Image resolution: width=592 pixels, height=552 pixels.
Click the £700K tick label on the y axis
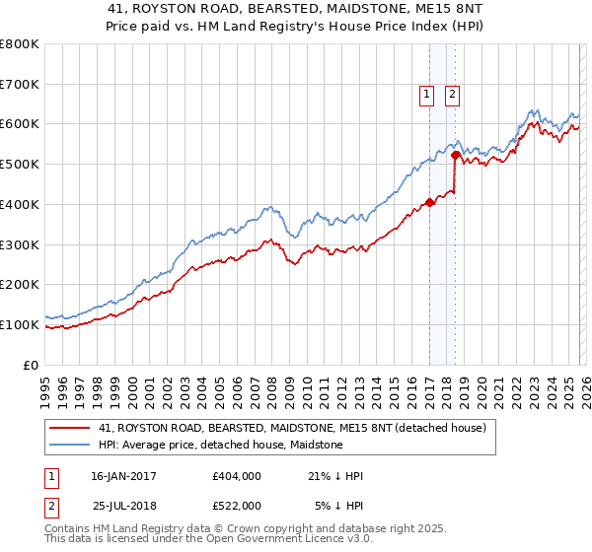20,85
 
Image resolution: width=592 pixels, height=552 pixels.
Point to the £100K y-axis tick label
20,324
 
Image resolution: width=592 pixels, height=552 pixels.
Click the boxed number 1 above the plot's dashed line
427,95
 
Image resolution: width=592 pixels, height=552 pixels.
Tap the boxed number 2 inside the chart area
453,95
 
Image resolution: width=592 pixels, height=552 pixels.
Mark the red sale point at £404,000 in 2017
429,203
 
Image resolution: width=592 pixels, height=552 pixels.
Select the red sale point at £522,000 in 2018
455,155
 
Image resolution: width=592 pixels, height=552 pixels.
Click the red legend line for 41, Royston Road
69,429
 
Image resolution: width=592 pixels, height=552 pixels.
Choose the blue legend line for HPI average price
69,446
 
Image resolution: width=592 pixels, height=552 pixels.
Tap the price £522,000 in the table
236,505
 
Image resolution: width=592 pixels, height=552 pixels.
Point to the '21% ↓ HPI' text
334,476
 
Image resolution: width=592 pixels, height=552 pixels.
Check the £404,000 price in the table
236,476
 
